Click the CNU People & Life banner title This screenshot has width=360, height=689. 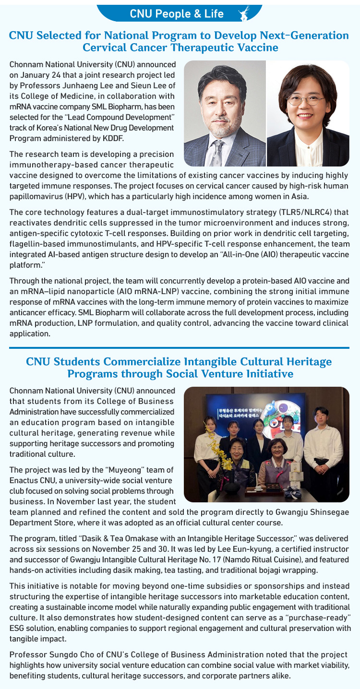177,14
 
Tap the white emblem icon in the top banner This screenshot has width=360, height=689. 245,13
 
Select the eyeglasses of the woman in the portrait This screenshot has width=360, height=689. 305,100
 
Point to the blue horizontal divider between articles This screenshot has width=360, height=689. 180,347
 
